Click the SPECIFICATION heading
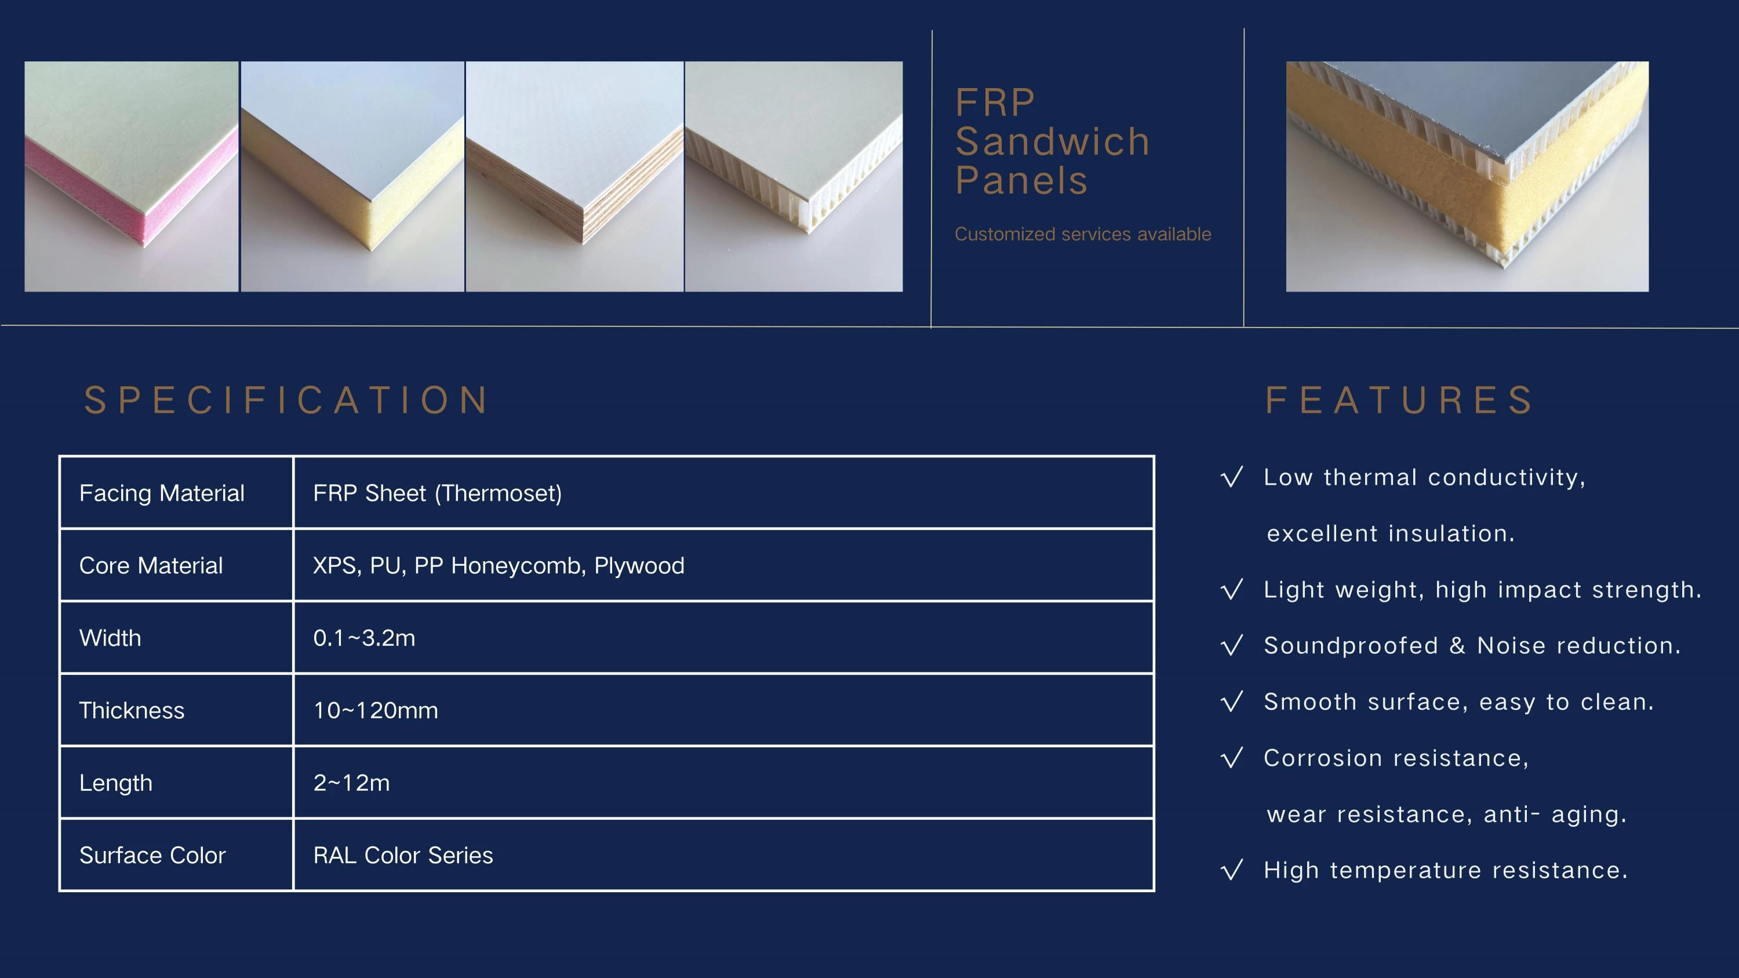pyautogui.click(x=287, y=400)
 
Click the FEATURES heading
pyautogui.click(x=1399, y=400)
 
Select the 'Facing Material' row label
pyautogui.click(x=162, y=493)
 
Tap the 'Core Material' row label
pyautogui.click(x=151, y=566)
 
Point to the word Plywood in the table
pyautogui.click(x=639, y=566)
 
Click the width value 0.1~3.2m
pyautogui.click(x=365, y=638)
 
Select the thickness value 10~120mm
pyautogui.click(x=376, y=711)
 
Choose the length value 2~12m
pyautogui.click(x=352, y=783)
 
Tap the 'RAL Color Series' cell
pyautogui.click(x=403, y=856)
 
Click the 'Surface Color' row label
pyautogui.click(x=152, y=856)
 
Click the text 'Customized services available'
pyautogui.click(x=1083, y=234)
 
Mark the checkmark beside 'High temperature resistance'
pyautogui.click(x=1232, y=870)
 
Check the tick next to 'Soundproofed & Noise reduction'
pyautogui.click(x=1232, y=645)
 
